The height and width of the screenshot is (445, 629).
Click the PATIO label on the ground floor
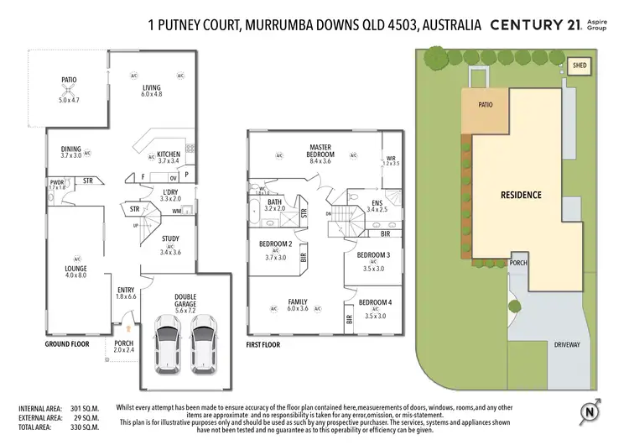(x=68, y=81)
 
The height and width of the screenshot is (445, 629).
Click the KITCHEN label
(x=169, y=154)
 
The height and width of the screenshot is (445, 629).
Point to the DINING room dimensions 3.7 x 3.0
(x=70, y=156)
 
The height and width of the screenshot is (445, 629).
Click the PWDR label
(x=57, y=181)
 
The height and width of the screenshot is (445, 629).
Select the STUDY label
(x=170, y=238)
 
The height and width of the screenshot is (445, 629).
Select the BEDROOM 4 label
(x=374, y=302)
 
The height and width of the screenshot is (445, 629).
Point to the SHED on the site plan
(x=579, y=65)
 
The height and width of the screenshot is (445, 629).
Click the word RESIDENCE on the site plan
(x=521, y=194)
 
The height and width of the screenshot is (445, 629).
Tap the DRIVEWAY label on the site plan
(x=568, y=344)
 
